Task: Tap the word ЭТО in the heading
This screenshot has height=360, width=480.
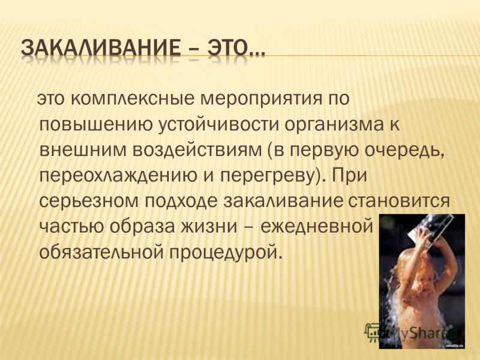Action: pyautogui.click(x=228, y=47)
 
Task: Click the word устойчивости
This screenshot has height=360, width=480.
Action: pyautogui.click(x=219, y=126)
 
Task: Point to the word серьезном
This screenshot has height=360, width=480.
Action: pyautogui.click(x=89, y=202)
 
